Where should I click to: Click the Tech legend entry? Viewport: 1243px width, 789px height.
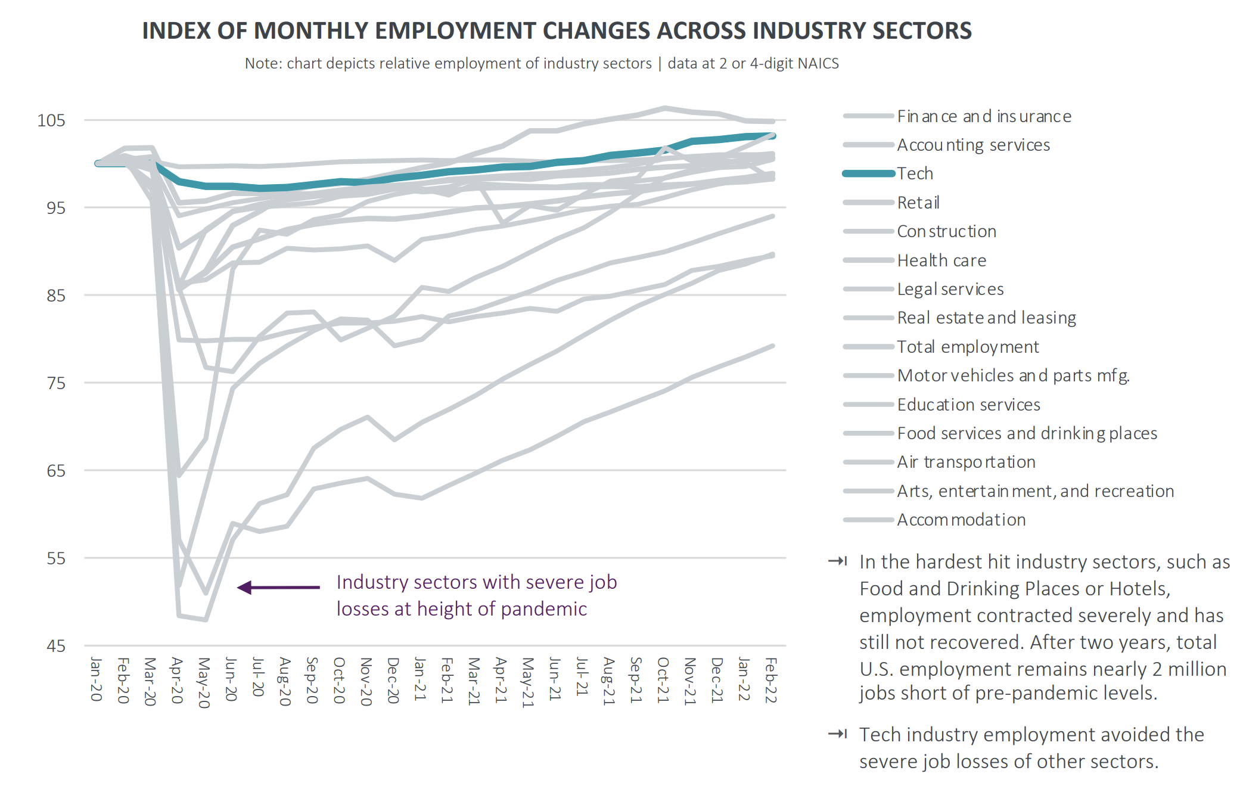tap(915, 173)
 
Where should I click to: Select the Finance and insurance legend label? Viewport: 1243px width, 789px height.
tap(984, 116)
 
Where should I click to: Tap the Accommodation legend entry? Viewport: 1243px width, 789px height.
tap(961, 520)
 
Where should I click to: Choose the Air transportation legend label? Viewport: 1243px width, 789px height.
tap(966, 462)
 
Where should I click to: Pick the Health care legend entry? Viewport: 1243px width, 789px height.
tap(941, 260)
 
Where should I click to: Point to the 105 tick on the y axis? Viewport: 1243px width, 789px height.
tap(51, 120)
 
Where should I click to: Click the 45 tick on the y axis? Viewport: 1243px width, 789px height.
tap(56, 646)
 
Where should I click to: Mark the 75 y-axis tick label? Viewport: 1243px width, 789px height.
tap(56, 383)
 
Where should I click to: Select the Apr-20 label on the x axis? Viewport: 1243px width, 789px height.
tap(177, 680)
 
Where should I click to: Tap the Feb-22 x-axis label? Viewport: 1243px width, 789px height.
tap(771, 680)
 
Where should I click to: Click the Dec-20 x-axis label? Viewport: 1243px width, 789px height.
tap(393, 680)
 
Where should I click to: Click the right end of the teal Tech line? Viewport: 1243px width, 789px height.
tap(772, 136)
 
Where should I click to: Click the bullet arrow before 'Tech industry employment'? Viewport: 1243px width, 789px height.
tap(837, 734)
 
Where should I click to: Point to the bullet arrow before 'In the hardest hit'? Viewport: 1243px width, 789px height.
tap(837, 561)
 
